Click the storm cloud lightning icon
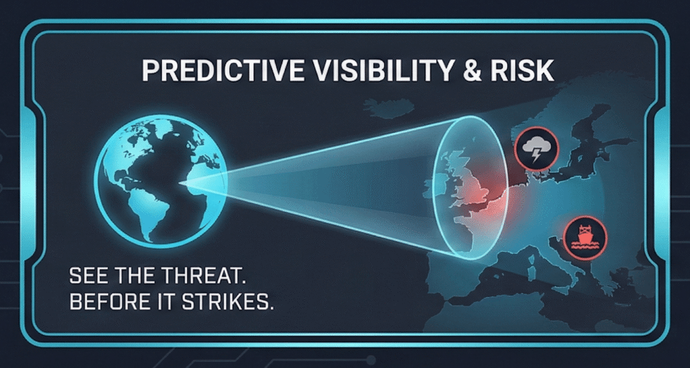point(536,149)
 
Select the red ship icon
point(585,237)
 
